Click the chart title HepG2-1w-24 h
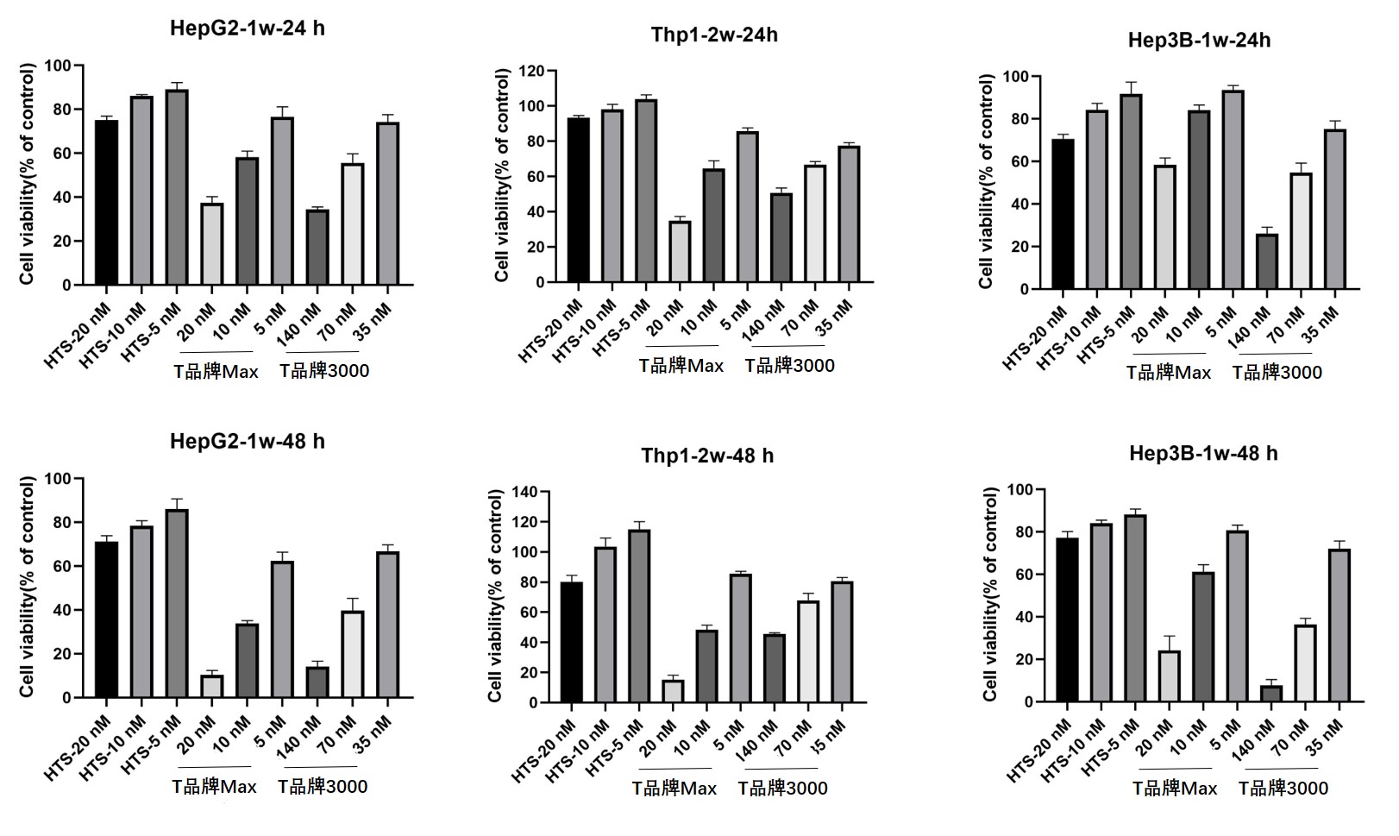247,28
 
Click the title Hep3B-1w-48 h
1203,453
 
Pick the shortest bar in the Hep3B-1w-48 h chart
1271,694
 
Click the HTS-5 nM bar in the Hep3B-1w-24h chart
1130,192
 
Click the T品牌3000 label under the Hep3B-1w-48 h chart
1283,788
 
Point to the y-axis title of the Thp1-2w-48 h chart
496,595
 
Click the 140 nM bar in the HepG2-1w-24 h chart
317,247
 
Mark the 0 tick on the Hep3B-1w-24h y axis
1025,290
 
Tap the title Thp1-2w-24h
714,35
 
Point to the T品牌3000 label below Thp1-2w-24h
790,366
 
